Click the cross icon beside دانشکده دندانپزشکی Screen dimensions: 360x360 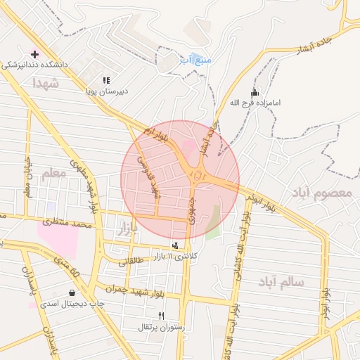34,54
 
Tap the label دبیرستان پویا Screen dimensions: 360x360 106,91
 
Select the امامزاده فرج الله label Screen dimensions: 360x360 255,103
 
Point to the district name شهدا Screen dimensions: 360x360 47,83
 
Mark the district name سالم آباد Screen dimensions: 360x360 281,281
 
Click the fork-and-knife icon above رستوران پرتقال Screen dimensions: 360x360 162,316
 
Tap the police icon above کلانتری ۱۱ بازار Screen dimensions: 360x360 175,244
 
